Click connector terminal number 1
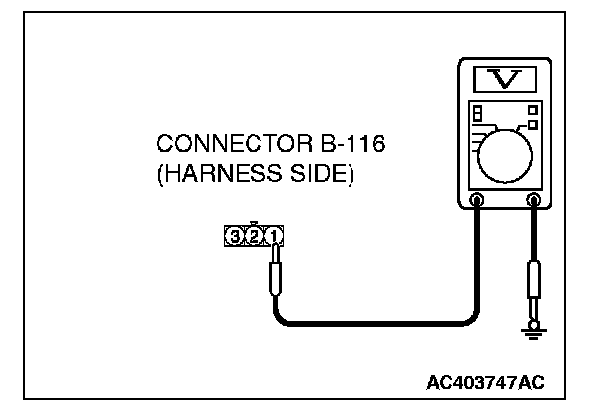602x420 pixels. point(274,236)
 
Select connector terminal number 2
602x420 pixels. point(254,236)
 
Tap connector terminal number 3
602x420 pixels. point(235,236)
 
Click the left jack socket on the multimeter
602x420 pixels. point(477,199)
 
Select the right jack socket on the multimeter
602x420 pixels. point(535,199)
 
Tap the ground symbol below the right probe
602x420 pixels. point(535,332)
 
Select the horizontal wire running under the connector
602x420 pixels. point(376,323)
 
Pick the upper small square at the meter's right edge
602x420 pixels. point(534,109)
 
